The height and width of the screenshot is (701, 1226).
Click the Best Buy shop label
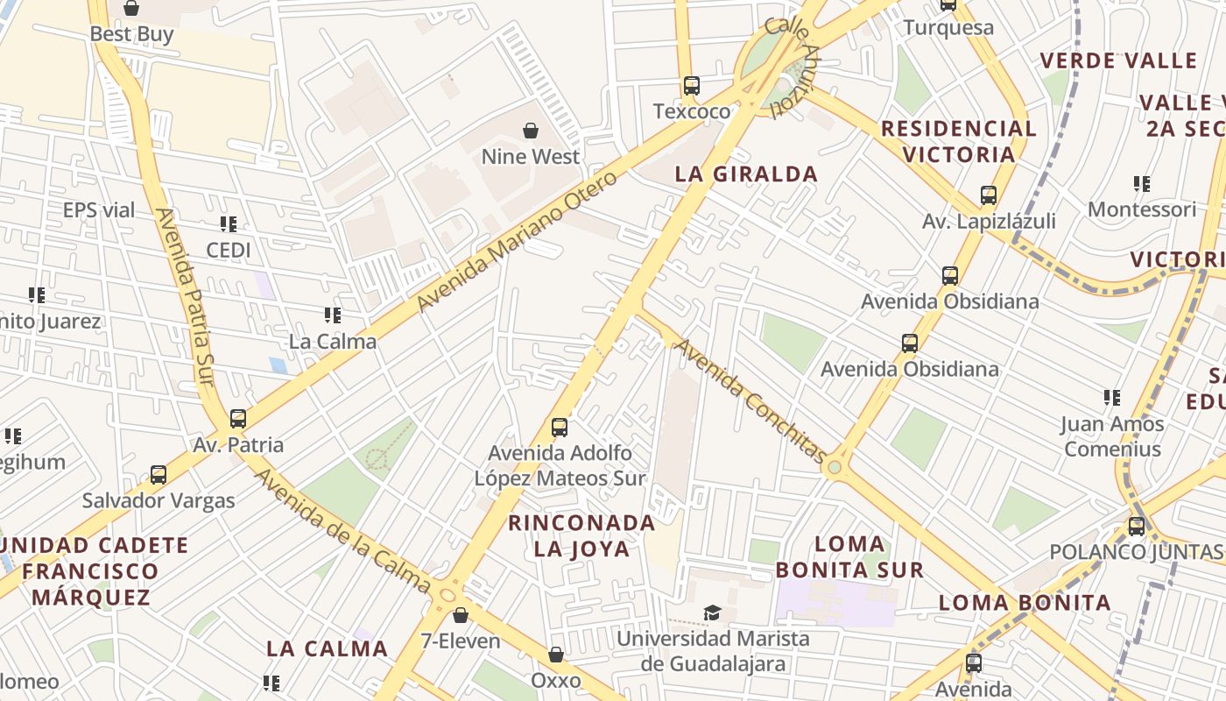(x=132, y=35)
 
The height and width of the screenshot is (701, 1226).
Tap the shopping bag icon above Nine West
(x=531, y=131)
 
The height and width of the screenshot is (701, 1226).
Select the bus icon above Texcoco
(x=692, y=86)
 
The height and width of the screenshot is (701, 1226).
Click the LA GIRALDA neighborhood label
(x=746, y=174)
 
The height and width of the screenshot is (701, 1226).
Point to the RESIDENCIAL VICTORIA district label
(x=958, y=142)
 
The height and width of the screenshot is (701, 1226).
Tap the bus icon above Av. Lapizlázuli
(x=989, y=195)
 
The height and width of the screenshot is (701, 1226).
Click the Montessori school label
(x=1141, y=210)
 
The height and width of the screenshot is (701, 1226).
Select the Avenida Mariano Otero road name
(x=517, y=242)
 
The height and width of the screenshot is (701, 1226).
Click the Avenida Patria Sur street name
(x=185, y=296)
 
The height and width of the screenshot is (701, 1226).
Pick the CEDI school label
(x=229, y=251)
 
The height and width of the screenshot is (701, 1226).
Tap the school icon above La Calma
(x=333, y=315)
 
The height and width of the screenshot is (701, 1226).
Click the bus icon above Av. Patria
(x=238, y=419)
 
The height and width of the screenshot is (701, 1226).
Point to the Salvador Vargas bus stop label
(x=159, y=501)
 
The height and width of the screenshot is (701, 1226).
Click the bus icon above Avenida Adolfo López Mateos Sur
(x=560, y=428)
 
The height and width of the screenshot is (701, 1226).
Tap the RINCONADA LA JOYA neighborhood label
(x=582, y=536)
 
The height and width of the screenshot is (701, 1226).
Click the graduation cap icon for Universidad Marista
(x=713, y=612)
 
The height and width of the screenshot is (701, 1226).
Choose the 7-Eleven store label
(x=461, y=641)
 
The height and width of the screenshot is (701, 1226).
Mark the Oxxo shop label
(x=556, y=681)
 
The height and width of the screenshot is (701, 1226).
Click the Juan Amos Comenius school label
(x=1112, y=436)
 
